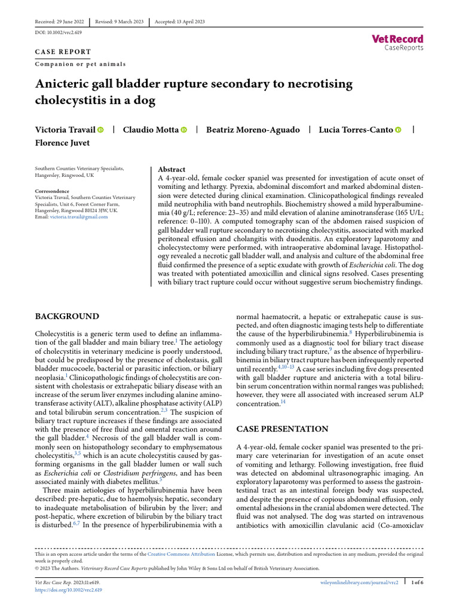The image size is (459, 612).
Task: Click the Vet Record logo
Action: pyautogui.click(x=397, y=42)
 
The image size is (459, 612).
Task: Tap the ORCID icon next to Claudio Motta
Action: pyautogui.click(x=183, y=130)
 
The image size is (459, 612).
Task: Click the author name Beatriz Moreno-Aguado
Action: pyautogui.click(x=253, y=130)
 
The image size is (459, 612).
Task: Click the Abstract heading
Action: pyautogui.click(x=171, y=170)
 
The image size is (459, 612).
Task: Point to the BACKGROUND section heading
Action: pyautogui.click(x=67, y=316)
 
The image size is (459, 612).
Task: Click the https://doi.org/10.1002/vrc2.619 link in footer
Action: pyautogui.click(x=69, y=589)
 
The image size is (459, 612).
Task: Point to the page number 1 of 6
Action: pyautogui.click(x=414, y=582)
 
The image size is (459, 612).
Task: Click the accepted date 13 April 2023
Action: pyautogui.click(x=179, y=22)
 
